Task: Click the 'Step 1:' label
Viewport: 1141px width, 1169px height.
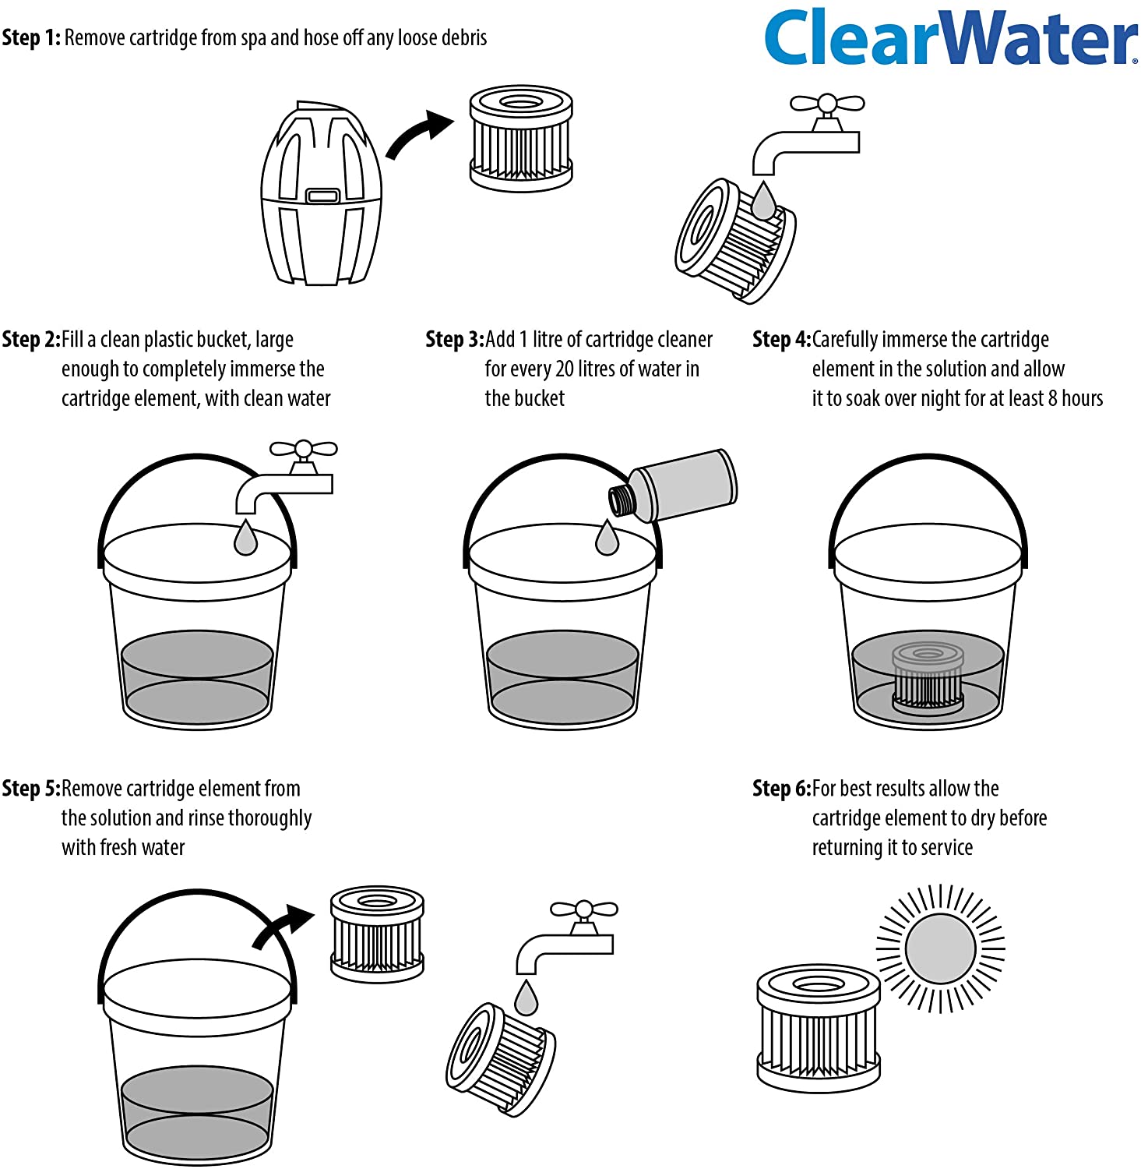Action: (x=31, y=37)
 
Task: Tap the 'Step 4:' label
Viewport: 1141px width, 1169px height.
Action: (x=781, y=340)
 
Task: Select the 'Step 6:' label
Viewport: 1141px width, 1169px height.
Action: (x=781, y=789)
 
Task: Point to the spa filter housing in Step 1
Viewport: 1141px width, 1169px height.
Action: (x=321, y=192)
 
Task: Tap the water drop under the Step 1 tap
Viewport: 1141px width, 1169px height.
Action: (x=763, y=200)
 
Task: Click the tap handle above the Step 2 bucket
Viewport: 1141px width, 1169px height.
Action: (x=303, y=450)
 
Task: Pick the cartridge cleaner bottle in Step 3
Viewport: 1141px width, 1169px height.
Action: (x=672, y=486)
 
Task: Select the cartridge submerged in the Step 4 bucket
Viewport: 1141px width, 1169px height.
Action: (x=928, y=679)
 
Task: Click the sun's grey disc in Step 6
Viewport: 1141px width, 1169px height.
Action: (x=941, y=948)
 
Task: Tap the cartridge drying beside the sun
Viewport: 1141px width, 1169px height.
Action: (x=819, y=1028)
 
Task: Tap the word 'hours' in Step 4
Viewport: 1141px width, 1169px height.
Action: (x=1083, y=399)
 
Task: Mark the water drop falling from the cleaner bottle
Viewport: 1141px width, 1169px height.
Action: (x=607, y=537)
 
